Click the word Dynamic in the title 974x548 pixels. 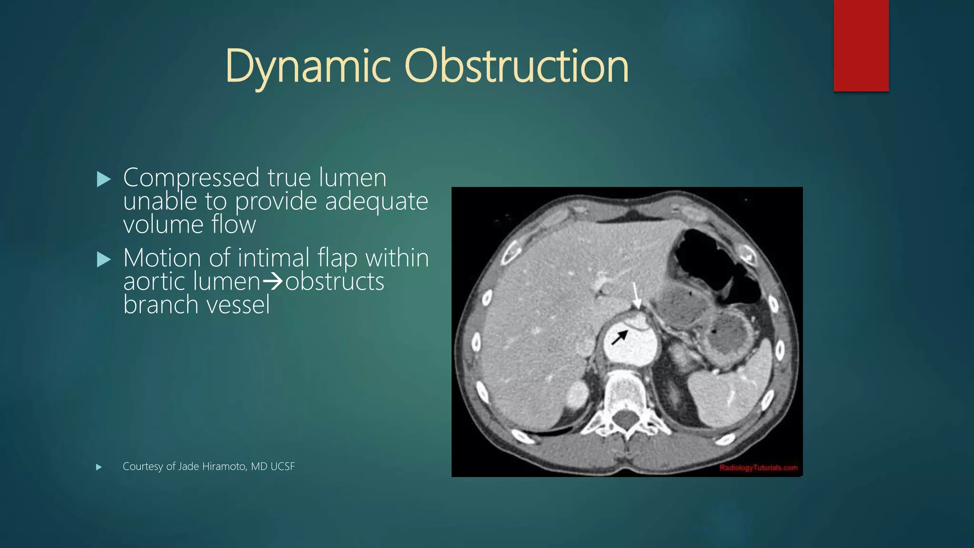pos(308,67)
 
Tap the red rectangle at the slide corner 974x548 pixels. pos(861,46)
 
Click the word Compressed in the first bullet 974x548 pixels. pos(191,178)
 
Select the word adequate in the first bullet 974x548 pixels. pos(376,201)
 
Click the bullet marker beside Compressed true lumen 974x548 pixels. pos(103,179)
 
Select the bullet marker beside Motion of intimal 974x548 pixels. pos(103,260)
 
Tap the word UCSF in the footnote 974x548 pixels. pos(282,467)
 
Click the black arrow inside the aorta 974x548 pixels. pos(619,338)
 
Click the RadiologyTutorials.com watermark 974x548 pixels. pos(758,468)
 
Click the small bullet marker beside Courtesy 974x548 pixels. pos(99,467)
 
